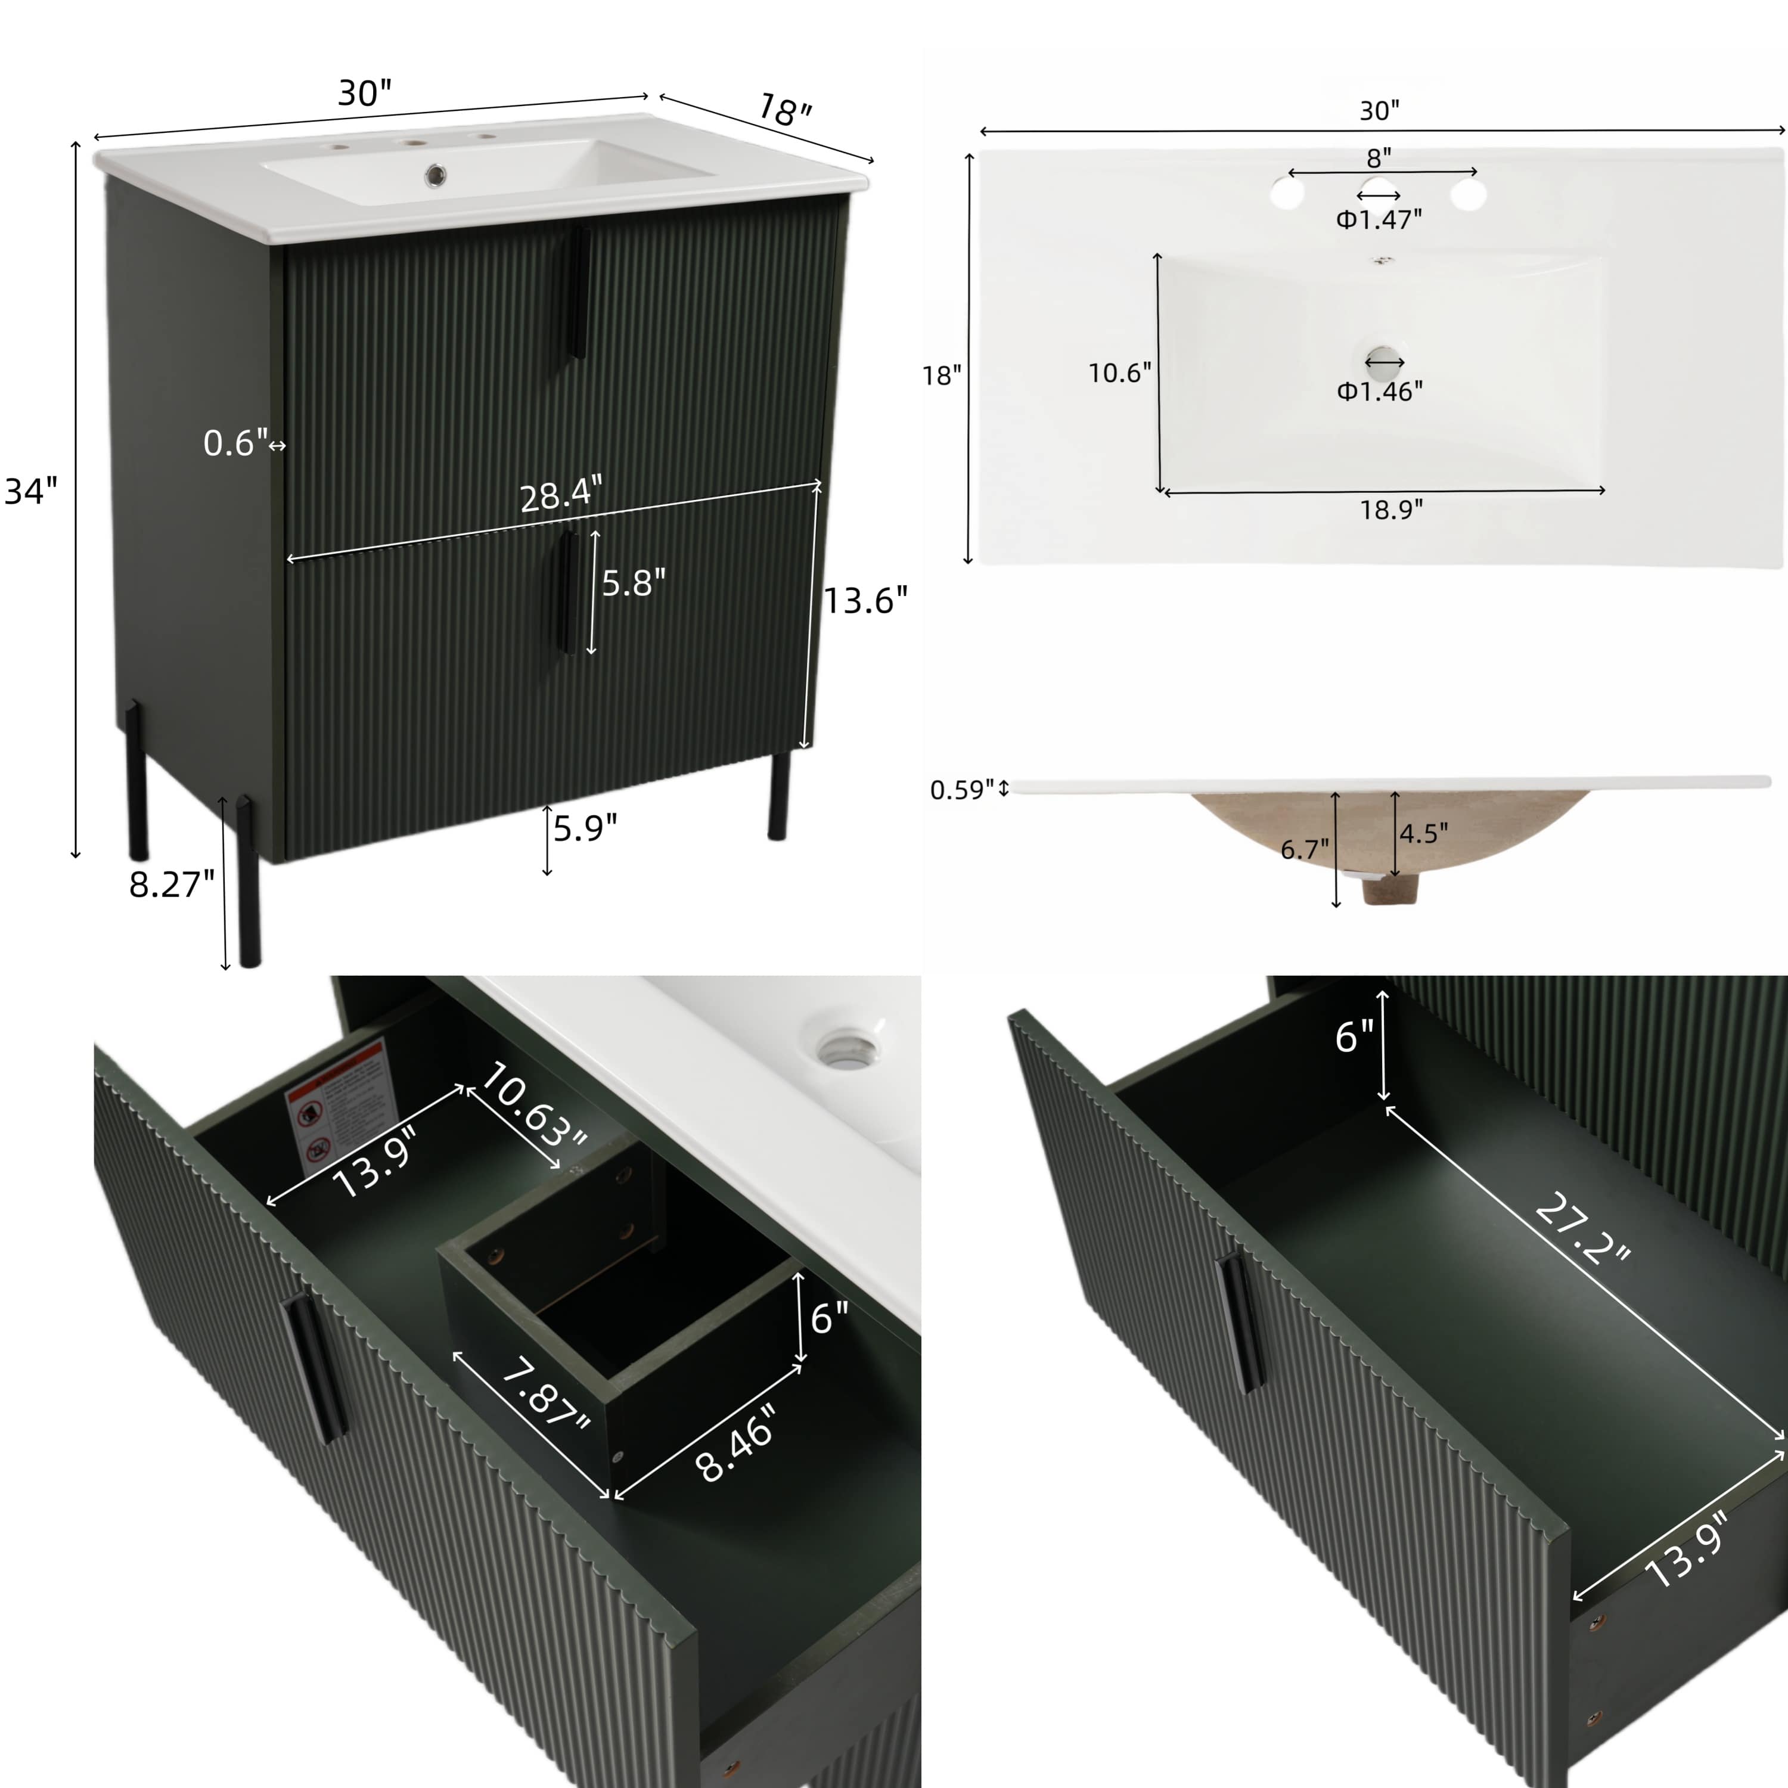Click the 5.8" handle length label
[x=634, y=583]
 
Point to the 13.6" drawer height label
[x=865, y=601]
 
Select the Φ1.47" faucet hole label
[x=1378, y=219]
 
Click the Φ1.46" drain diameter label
[x=1379, y=392]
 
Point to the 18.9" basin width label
[x=1391, y=510]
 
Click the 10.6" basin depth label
[x=1120, y=373]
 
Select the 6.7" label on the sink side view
[x=1304, y=849]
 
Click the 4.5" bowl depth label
[x=1423, y=834]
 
